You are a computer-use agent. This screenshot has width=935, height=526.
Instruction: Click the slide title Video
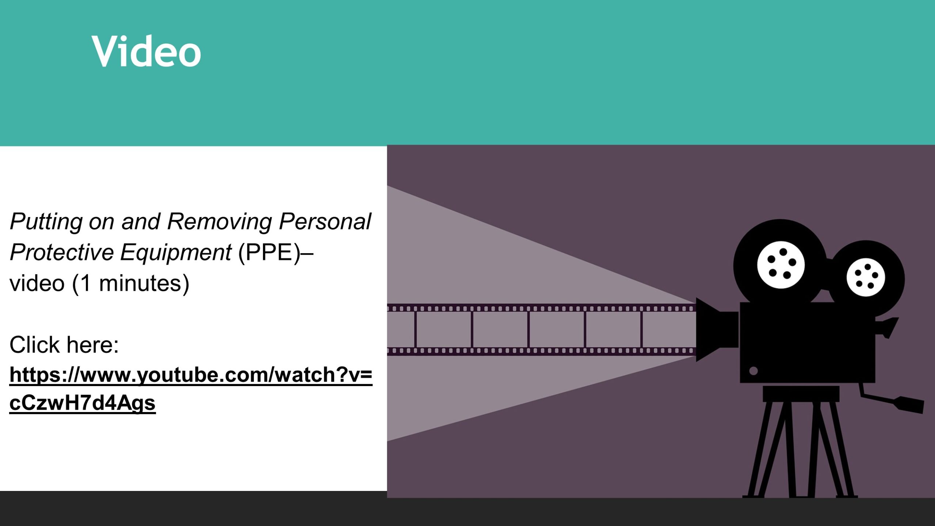(x=146, y=51)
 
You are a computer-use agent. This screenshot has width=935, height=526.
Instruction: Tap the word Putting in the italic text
(x=46, y=222)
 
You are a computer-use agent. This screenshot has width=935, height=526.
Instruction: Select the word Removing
(x=220, y=222)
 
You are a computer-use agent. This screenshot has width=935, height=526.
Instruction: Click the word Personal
(x=325, y=221)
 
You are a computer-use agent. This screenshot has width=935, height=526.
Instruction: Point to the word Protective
(x=62, y=252)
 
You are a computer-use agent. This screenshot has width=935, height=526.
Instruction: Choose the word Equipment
(x=176, y=253)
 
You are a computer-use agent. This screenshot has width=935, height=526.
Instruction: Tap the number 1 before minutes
(x=85, y=283)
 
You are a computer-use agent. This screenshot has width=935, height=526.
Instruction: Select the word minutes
(x=140, y=283)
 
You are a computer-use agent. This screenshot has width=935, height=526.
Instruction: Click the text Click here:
(x=64, y=345)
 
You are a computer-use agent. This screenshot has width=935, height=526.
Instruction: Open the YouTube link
(x=191, y=389)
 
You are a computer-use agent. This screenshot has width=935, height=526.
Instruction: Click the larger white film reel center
(x=781, y=265)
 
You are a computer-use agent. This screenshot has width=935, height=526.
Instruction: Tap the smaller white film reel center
(x=866, y=277)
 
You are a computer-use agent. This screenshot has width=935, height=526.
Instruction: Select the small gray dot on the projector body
(x=753, y=371)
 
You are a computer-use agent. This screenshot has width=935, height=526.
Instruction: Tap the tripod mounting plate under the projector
(x=801, y=394)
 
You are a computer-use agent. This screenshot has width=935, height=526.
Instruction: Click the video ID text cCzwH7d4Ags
(x=83, y=403)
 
